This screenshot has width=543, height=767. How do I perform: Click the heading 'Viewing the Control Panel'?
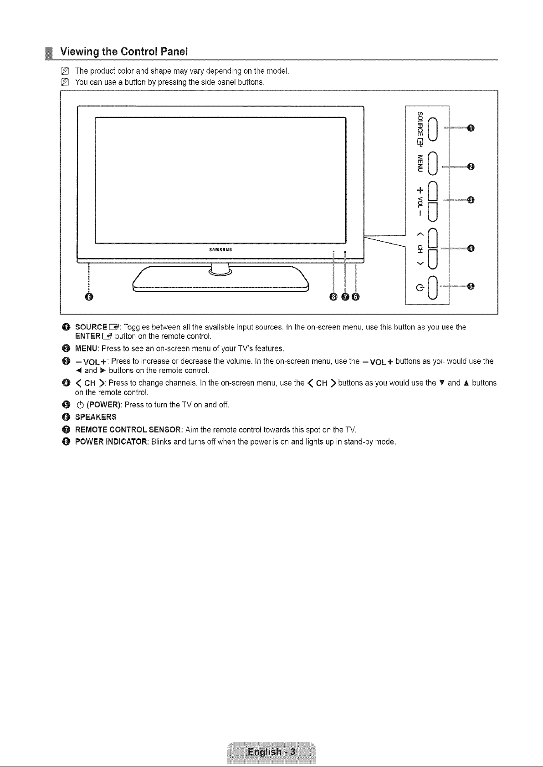point(123,52)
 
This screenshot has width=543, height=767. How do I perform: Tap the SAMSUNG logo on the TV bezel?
point(220,249)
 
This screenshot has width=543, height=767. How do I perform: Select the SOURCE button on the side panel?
point(433,129)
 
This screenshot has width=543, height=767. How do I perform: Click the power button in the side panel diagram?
point(433,288)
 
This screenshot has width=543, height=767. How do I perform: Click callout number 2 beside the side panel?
point(471,167)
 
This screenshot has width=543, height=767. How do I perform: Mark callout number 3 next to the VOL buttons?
point(471,200)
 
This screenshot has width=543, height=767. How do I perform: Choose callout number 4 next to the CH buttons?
point(471,248)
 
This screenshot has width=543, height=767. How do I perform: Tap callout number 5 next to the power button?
point(471,286)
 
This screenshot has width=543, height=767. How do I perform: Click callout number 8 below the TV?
point(333,297)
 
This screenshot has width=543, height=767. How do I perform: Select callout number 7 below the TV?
point(345,297)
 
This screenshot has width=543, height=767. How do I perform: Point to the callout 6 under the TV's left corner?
point(89,297)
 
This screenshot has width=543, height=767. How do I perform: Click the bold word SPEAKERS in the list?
point(96,417)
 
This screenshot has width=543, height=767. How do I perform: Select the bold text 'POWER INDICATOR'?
point(111,442)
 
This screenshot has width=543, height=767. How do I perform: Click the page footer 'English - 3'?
point(271,752)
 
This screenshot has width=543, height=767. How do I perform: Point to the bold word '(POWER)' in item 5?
point(104,405)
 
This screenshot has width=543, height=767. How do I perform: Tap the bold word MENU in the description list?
point(87,349)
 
